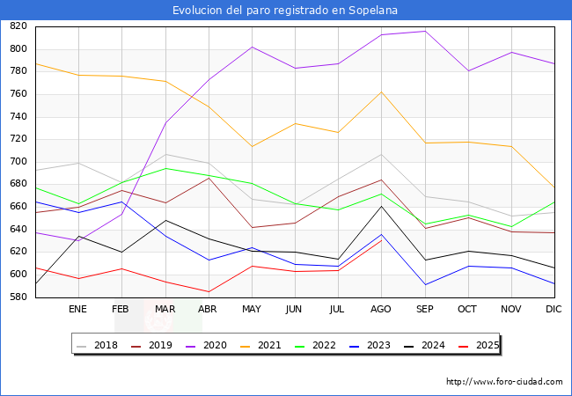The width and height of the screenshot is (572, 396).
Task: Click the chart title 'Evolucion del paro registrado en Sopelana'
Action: pos(286,11)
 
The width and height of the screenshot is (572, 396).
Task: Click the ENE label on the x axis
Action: pos(77,310)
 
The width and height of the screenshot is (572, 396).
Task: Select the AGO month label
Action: pos(381,310)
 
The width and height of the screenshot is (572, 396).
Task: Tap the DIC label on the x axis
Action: pos(554,310)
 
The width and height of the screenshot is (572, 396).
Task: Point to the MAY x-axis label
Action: pos(252,310)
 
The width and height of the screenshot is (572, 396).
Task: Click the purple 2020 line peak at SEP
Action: pos(425,31)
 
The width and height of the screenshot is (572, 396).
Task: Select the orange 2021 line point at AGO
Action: pos(381,92)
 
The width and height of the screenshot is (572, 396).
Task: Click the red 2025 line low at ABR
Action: pos(209,291)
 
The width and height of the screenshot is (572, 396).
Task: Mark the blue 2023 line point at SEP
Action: pos(425,284)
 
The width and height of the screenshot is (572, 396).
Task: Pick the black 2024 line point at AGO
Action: pos(381,206)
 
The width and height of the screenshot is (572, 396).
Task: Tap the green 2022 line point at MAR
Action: pos(165,168)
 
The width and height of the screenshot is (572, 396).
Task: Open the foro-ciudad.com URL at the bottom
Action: pos(504,382)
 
